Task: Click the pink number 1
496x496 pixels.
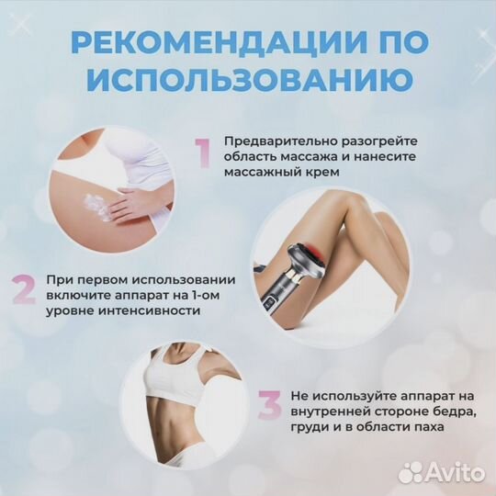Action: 201,152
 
